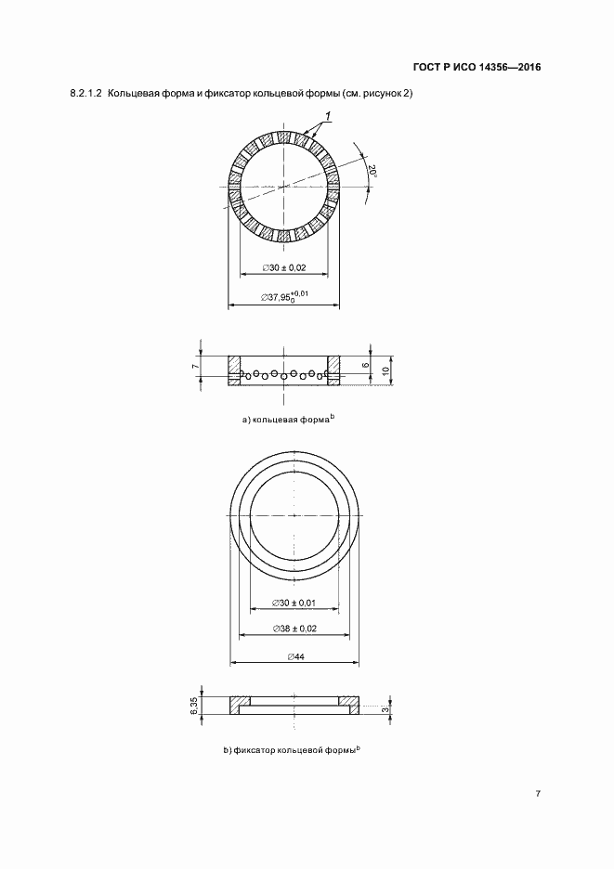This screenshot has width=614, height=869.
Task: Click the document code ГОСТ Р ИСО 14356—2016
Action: (477, 68)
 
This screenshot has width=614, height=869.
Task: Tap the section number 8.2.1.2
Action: (86, 94)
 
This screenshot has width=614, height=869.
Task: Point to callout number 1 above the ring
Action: (328, 116)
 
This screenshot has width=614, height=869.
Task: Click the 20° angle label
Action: (373, 172)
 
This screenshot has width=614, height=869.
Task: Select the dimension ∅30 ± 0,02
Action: (284, 267)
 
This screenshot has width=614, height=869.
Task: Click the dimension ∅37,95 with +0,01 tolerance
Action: (284, 297)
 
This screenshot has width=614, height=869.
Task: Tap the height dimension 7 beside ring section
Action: (195, 367)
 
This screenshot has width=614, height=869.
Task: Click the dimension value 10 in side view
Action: (386, 370)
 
